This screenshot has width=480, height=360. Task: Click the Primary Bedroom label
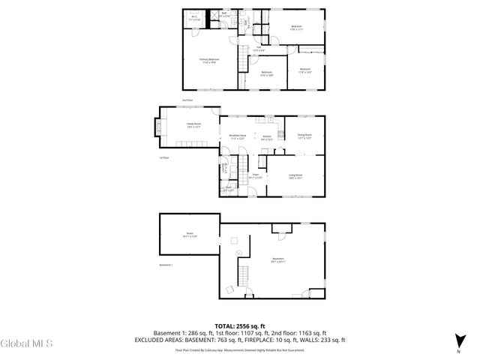point(209,60)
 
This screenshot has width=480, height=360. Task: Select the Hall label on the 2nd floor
point(257,49)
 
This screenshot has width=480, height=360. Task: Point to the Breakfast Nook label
point(238,137)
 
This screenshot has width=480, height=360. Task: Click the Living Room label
point(295,176)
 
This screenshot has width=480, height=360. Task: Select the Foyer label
point(255,176)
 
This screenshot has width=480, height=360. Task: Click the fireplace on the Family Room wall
point(157,127)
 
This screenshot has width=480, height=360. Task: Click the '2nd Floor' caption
point(187,100)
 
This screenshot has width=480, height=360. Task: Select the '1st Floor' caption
point(164,158)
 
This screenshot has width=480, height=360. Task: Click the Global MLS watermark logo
point(26,344)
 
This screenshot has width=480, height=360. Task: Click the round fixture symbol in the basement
point(233,240)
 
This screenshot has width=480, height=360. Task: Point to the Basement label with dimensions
point(279,261)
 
